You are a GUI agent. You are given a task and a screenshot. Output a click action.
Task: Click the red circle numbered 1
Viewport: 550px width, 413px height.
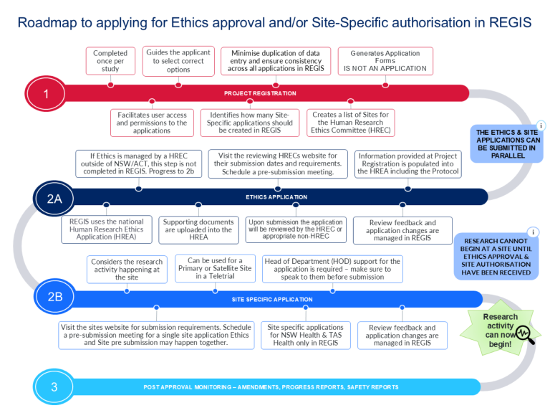click(x=46, y=94)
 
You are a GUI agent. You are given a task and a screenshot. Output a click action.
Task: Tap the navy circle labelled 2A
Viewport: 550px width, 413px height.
click(x=54, y=199)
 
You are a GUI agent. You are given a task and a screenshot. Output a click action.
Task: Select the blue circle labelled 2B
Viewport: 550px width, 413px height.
click(x=54, y=297)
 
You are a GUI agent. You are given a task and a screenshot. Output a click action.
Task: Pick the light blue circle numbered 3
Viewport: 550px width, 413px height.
click(x=54, y=386)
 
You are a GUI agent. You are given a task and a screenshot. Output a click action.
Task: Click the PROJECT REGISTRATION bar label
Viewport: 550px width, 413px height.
click(x=260, y=93)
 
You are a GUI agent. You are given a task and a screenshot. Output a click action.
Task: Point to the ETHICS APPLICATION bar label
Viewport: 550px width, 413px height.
click(x=276, y=197)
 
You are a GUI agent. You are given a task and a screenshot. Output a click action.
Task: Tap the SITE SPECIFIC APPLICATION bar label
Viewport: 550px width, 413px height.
click(x=272, y=300)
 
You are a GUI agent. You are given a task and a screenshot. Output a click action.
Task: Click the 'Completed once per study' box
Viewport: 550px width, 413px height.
click(x=110, y=61)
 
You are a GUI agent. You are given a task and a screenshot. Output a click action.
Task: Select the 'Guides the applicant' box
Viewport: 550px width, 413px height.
click(x=178, y=61)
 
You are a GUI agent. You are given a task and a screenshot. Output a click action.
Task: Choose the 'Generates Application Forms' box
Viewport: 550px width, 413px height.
click(x=385, y=61)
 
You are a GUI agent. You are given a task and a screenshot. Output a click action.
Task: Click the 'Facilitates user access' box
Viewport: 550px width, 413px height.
click(x=152, y=123)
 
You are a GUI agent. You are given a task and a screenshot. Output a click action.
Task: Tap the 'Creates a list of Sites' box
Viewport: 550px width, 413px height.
click(x=351, y=123)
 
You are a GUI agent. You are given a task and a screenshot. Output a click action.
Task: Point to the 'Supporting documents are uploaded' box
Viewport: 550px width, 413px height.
click(x=198, y=229)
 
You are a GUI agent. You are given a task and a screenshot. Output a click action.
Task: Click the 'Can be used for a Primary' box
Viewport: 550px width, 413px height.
click(x=215, y=268)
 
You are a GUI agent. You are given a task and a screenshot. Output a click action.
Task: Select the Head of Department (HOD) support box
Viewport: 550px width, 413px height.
click(x=332, y=269)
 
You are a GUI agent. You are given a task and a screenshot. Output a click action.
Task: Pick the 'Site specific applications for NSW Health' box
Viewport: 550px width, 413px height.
click(x=306, y=335)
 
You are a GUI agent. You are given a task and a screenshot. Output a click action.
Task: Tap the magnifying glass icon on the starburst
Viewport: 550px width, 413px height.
click(x=526, y=335)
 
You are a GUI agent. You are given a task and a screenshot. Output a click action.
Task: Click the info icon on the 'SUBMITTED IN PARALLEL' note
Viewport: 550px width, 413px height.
click(x=541, y=125)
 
